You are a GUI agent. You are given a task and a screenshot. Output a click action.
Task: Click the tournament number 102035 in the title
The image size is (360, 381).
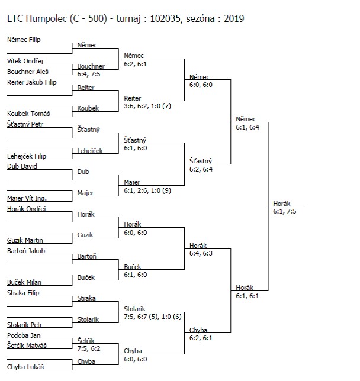(165, 19)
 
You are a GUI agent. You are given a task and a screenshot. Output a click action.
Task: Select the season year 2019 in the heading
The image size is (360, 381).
(234, 19)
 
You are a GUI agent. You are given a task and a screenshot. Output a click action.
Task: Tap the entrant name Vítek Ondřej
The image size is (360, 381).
(25, 61)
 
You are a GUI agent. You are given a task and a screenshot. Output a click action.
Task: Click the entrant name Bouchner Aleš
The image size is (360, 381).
(28, 72)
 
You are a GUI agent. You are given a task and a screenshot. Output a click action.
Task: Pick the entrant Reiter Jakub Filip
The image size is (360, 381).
(32, 82)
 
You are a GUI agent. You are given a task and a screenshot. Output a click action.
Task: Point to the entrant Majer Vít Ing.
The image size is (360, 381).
(27, 199)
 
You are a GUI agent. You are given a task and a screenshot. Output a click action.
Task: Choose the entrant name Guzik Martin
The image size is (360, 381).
(25, 240)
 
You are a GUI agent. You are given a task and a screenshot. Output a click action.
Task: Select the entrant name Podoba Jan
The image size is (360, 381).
(24, 335)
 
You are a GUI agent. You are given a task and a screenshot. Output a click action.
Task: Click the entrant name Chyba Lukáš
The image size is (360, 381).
(25, 367)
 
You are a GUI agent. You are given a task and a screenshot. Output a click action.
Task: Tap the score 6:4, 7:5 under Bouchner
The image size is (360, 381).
(89, 74)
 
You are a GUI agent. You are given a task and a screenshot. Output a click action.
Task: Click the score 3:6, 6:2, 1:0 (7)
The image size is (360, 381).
(147, 106)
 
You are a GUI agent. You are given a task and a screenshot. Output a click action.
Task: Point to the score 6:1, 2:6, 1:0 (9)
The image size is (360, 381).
(147, 190)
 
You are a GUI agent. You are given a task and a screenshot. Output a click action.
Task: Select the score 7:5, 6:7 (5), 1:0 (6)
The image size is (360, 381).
(153, 317)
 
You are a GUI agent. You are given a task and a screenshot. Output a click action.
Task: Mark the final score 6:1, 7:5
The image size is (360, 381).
(285, 211)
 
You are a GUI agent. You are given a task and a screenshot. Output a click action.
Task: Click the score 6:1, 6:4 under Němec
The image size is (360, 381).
(247, 127)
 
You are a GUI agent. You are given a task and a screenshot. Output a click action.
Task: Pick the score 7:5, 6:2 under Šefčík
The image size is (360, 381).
(89, 348)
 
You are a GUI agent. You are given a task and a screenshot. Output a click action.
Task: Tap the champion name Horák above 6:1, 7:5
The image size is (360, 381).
(282, 204)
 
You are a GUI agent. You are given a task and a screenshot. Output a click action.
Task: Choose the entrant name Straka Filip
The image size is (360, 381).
(23, 293)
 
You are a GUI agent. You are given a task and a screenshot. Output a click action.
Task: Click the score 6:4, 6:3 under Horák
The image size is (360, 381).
(201, 253)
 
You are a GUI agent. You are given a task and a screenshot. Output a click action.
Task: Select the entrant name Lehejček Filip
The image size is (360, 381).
(27, 156)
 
